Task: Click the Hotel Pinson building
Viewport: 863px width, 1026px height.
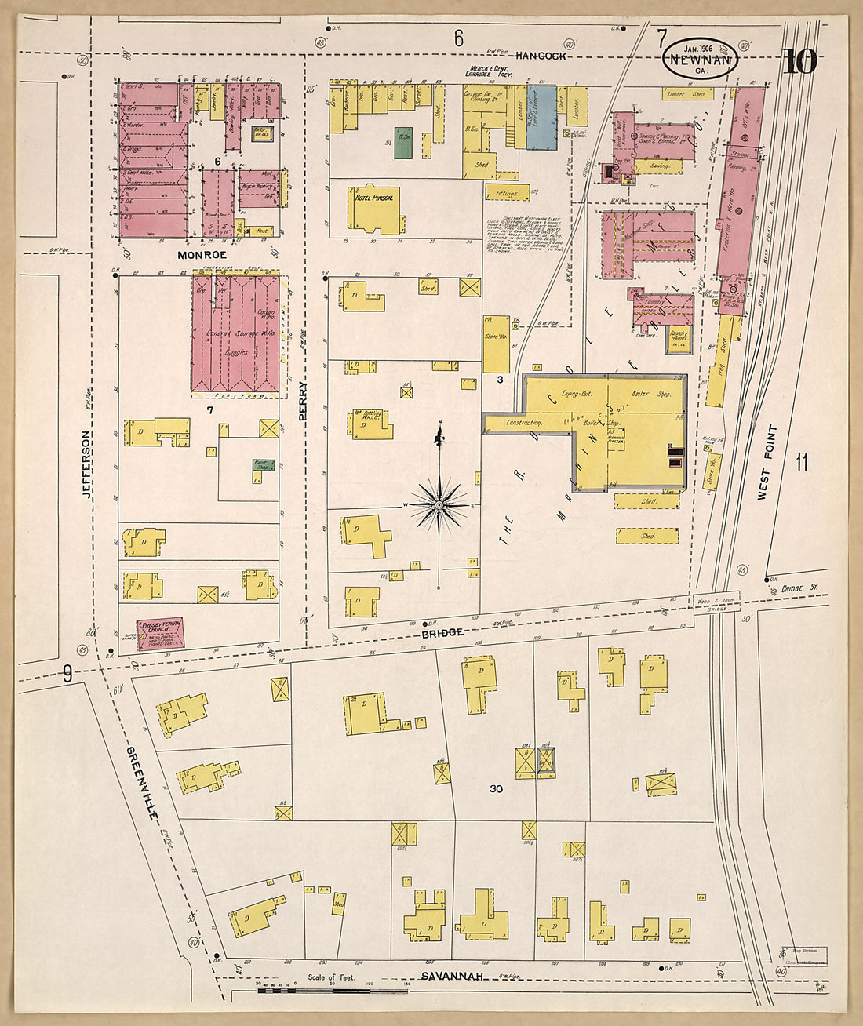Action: pos(375,209)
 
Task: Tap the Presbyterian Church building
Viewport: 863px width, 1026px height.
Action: pos(160,634)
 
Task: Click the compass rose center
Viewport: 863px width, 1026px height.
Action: pos(440,508)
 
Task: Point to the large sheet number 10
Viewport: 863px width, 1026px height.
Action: pos(799,61)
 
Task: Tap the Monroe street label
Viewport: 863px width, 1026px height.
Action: pos(202,255)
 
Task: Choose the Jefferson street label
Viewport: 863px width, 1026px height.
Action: pos(87,463)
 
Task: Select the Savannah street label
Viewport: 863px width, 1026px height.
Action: pos(450,976)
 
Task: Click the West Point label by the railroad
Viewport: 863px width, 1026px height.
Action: pos(766,462)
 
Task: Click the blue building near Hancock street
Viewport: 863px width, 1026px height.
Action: pos(540,118)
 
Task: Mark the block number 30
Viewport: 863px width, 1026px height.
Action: pos(495,788)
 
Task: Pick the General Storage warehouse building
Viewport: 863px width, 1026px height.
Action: pos(236,332)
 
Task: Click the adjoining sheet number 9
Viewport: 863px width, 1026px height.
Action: pos(68,673)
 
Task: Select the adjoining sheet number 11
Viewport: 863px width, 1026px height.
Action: pos(801,462)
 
